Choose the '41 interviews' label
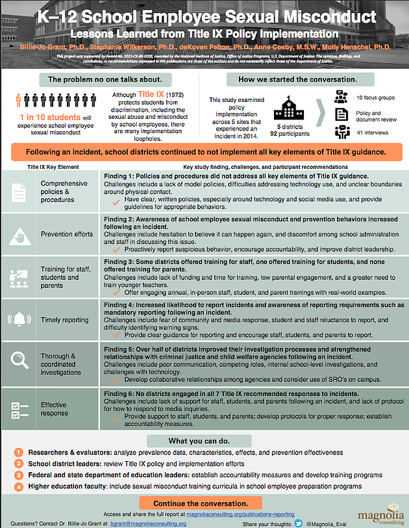[x=373, y=132]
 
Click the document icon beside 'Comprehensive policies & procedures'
[x=19, y=192]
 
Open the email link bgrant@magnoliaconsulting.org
[x=153, y=523]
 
